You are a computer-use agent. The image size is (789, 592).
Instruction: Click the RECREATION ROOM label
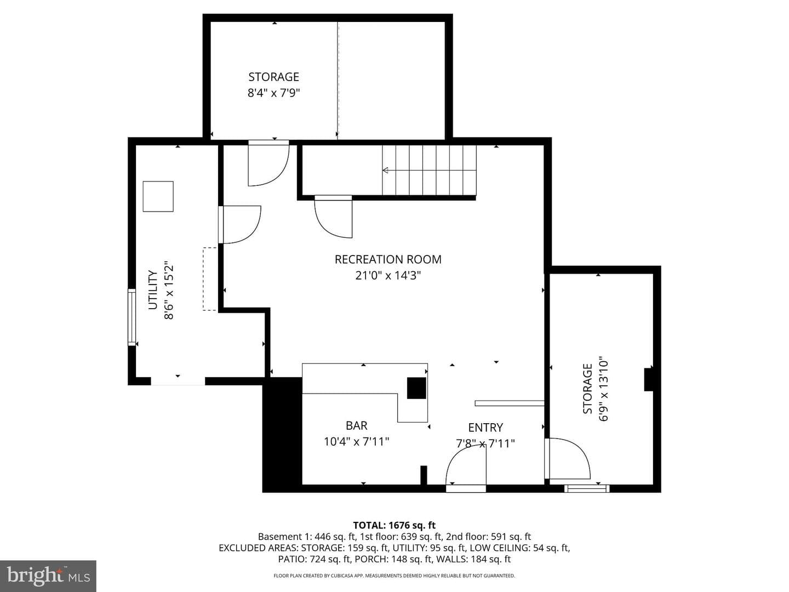pos(388,259)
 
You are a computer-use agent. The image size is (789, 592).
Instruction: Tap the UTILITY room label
pos(153,290)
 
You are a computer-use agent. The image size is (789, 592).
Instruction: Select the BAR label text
pos(356,425)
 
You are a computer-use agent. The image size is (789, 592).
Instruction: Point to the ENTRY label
pos(485,428)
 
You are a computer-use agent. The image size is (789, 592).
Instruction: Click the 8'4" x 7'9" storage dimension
pos(273,93)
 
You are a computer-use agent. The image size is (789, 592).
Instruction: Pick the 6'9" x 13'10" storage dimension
pos(603,389)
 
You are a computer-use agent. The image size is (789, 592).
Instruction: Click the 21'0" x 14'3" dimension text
pos(388,275)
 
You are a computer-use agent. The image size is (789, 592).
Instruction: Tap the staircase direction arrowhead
pos(385,170)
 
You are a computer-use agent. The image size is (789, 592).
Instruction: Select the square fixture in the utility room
pos(158,196)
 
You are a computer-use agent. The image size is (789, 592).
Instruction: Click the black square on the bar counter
pos(416,388)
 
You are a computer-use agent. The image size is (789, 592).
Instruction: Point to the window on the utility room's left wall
pos(132,317)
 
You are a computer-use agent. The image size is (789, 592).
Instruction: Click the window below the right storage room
pos(587,488)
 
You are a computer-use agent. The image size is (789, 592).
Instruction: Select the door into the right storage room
pos(567,459)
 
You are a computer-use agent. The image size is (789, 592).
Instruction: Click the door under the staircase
pos(334,217)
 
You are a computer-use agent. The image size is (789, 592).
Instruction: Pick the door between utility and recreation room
pos(240,225)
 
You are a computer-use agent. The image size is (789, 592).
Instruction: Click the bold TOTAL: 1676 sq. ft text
pos(395,526)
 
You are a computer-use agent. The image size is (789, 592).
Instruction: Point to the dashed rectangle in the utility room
pos(210,279)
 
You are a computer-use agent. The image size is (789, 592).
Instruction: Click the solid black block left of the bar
pos(282,435)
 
